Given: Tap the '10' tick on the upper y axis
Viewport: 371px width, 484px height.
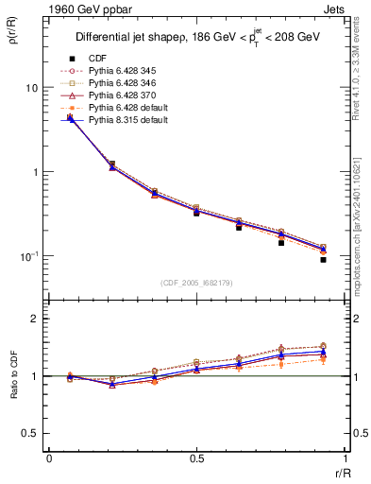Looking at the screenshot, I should point(30,88).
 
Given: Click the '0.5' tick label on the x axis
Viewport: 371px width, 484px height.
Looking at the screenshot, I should point(196,458).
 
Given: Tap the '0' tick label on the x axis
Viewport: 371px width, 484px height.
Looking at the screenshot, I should point(49,458).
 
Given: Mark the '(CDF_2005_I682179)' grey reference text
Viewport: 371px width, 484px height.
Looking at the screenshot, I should point(197,283).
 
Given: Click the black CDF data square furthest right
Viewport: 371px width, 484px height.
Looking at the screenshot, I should point(323,259).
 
